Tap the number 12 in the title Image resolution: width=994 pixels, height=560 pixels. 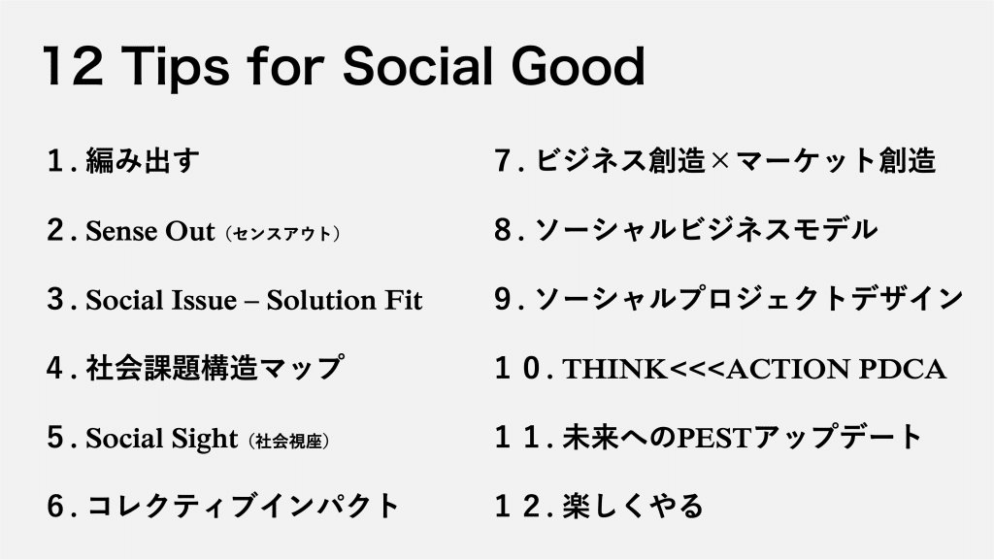click(x=72, y=66)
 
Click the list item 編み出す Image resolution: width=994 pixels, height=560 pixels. click(x=143, y=161)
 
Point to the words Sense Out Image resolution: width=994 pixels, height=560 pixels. click(x=150, y=231)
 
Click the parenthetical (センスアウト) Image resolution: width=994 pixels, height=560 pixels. click(x=282, y=234)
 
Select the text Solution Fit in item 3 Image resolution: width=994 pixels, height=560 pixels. click(x=345, y=300)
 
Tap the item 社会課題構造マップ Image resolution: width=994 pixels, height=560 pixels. click(x=215, y=368)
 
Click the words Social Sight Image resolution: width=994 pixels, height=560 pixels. click(x=162, y=439)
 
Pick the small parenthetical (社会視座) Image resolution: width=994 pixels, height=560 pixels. click(x=289, y=441)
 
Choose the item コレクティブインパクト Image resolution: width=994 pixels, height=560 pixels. click(x=243, y=507)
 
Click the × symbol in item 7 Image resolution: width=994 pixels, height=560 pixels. click(x=721, y=161)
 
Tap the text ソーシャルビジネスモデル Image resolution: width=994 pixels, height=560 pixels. click(x=707, y=230)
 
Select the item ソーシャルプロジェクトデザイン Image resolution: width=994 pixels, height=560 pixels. click(x=749, y=299)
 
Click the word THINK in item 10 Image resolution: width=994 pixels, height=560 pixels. click(x=614, y=370)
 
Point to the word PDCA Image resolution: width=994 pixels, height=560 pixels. click(x=902, y=370)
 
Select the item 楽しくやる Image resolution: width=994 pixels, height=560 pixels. click(x=633, y=507)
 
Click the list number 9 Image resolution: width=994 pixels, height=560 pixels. click(x=504, y=299)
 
